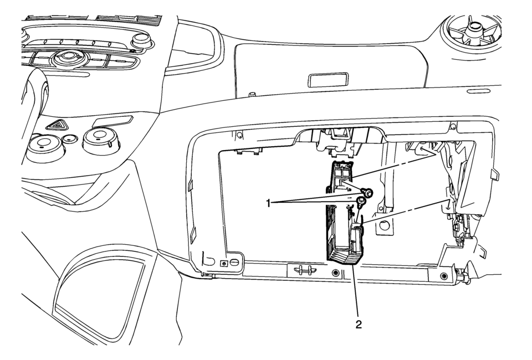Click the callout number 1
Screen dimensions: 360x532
pyautogui.click(x=270, y=203)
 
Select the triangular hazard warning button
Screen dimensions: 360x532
pyautogui.click(x=57, y=126)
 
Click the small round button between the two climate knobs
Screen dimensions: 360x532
pyautogui.click(x=69, y=138)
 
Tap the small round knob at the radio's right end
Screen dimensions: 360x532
pyautogui.click(x=141, y=40)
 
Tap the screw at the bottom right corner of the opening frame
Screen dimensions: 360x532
pyautogui.click(x=443, y=276)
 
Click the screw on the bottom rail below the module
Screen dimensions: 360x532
pyautogui.click(x=335, y=274)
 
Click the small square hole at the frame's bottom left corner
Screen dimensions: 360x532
pyautogui.click(x=223, y=263)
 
